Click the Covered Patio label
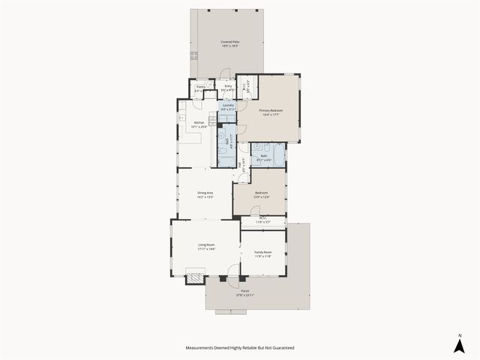229,42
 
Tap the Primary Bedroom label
269,110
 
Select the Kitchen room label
199,123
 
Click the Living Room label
206,245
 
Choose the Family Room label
262,253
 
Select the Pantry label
200,87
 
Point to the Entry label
228,86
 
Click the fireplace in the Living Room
194,277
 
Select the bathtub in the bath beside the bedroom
277,157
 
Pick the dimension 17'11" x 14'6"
206,249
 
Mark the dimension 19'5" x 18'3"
229,46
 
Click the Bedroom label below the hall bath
261,193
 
